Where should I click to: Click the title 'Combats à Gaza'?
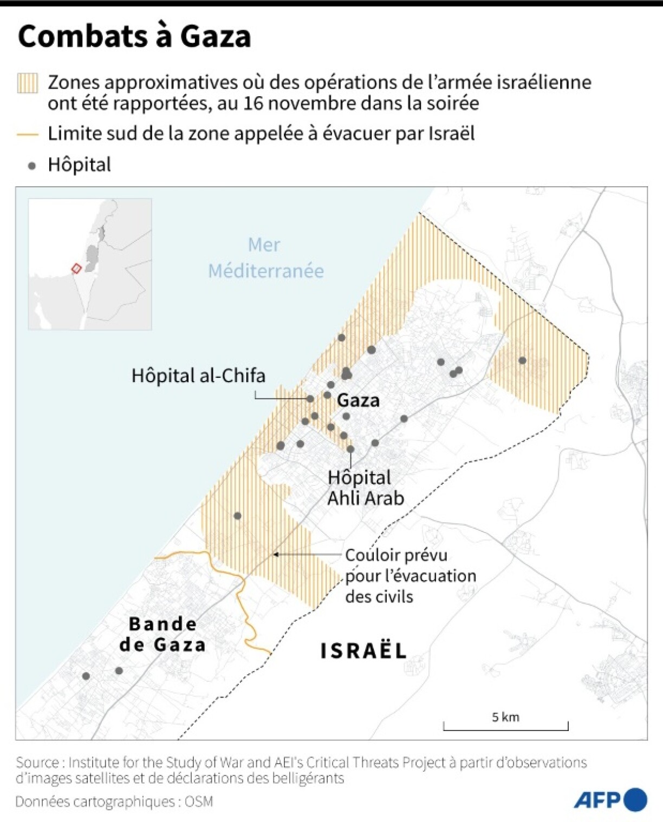click(134, 37)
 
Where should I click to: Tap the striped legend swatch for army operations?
click(28, 83)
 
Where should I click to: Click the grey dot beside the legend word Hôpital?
click(32, 166)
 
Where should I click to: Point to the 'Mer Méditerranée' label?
click(265, 258)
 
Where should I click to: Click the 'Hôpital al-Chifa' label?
click(198, 376)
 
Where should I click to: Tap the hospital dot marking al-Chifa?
click(310, 399)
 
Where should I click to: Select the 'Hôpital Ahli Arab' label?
click(365, 488)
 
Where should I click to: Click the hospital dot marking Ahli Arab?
click(350, 449)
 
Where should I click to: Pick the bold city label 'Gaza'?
click(358, 400)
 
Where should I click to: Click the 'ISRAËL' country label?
click(363, 651)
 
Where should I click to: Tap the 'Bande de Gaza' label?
click(162, 634)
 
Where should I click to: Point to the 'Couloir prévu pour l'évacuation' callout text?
click(410, 575)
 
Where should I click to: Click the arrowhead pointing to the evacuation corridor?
click(276, 555)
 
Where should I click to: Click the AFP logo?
click(610, 800)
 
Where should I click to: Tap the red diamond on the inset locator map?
click(76, 268)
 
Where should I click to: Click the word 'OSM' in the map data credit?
click(199, 801)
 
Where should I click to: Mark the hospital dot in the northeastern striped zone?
click(522, 360)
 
